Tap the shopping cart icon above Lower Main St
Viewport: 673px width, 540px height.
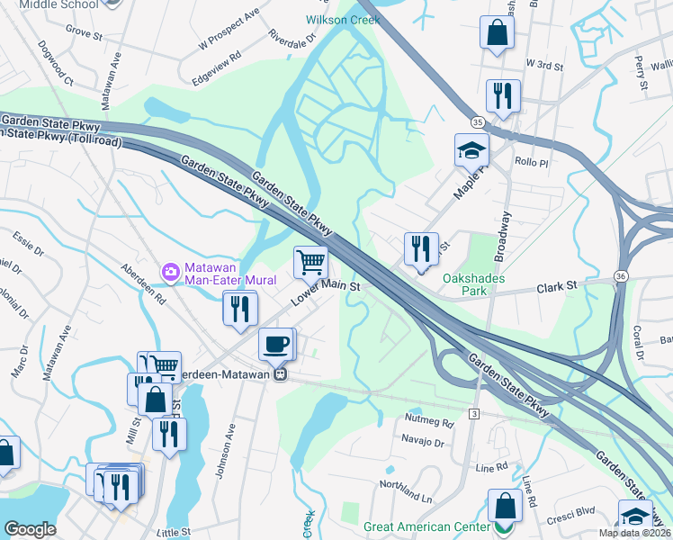310,262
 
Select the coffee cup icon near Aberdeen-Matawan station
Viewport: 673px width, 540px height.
275,343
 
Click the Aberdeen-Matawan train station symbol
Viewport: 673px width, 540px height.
282,374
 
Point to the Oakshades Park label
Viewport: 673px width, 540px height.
477,284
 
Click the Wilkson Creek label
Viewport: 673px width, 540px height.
340,19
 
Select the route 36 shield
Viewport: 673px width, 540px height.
621,274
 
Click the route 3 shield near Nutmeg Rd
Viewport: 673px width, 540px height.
472,412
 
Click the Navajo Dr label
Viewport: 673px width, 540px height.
427,443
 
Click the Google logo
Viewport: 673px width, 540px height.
30,529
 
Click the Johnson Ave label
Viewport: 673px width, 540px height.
238,448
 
